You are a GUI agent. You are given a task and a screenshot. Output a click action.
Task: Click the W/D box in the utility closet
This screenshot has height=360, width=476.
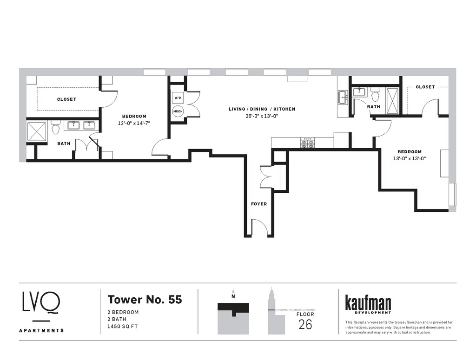pos(178,98)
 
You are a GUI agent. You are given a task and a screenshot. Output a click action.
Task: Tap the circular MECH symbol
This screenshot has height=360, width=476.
pos(178,111)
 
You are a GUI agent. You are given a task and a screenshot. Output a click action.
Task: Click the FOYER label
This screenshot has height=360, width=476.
pos(259,204)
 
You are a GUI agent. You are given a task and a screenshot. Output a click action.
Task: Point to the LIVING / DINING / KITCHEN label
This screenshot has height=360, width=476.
pos(262,109)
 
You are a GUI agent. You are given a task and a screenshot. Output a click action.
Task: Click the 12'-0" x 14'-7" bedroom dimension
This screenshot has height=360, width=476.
pos(134,123)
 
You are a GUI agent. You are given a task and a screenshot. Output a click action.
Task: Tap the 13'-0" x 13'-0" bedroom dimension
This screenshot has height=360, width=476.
pos(410,158)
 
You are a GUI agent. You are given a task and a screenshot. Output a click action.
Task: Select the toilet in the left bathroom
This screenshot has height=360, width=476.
pos(55,127)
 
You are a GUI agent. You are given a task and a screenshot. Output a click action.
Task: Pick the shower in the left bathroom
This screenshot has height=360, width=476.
pos(37,131)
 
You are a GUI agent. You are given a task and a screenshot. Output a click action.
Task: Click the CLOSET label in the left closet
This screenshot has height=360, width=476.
pos(66,99)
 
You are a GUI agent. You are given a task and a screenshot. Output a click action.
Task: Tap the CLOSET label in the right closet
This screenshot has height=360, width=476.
pos(425,87)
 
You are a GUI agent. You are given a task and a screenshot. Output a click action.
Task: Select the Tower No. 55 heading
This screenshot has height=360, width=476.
pos(145,299)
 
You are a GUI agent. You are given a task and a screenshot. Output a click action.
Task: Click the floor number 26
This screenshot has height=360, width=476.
pos(305,325)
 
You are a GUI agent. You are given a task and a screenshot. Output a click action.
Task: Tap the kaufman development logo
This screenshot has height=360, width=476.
pos(368,304)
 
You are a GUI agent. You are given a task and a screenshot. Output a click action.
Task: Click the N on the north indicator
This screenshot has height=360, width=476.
pos(233,297)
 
